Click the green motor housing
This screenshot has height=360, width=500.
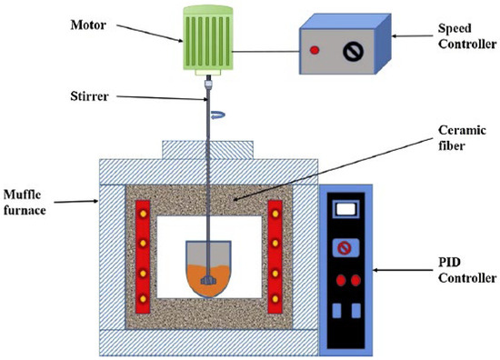coord(215,41)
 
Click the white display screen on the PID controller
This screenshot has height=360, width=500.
coord(346,210)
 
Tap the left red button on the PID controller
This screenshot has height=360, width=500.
coord(340,279)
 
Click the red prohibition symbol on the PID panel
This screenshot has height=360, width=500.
coord(346,247)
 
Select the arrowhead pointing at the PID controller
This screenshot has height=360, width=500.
coord(378,270)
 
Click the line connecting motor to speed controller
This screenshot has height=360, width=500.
coord(268,52)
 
